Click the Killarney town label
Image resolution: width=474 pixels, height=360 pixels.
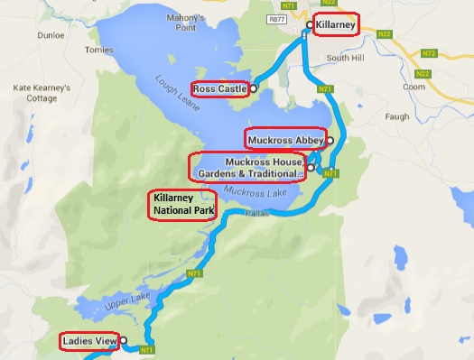(x=337, y=24)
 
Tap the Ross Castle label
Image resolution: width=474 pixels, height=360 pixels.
(x=219, y=88)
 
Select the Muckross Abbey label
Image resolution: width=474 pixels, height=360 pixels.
(x=285, y=139)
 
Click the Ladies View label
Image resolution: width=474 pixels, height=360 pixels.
(x=90, y=342)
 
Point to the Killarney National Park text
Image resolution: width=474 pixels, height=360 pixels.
(x=182, y=205)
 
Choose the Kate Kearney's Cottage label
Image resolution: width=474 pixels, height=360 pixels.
(x=33, y=94)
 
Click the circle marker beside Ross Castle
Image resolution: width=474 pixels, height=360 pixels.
(x=254, y=88)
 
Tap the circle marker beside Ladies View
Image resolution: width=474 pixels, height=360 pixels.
(x=124, y=341)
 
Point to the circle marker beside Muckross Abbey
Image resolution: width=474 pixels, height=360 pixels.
(x=330, y=140)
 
